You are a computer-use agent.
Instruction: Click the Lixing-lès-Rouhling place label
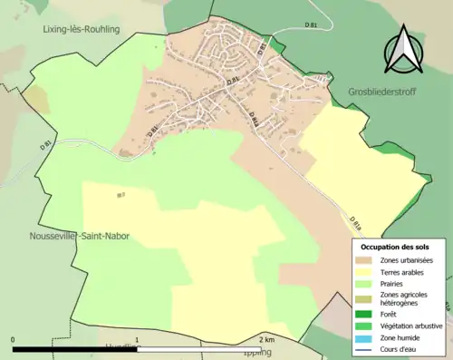(x=82, y=29)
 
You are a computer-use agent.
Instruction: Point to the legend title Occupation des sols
(x=395, y=247)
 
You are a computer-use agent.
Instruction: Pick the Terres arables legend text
(x=405, y=273)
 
